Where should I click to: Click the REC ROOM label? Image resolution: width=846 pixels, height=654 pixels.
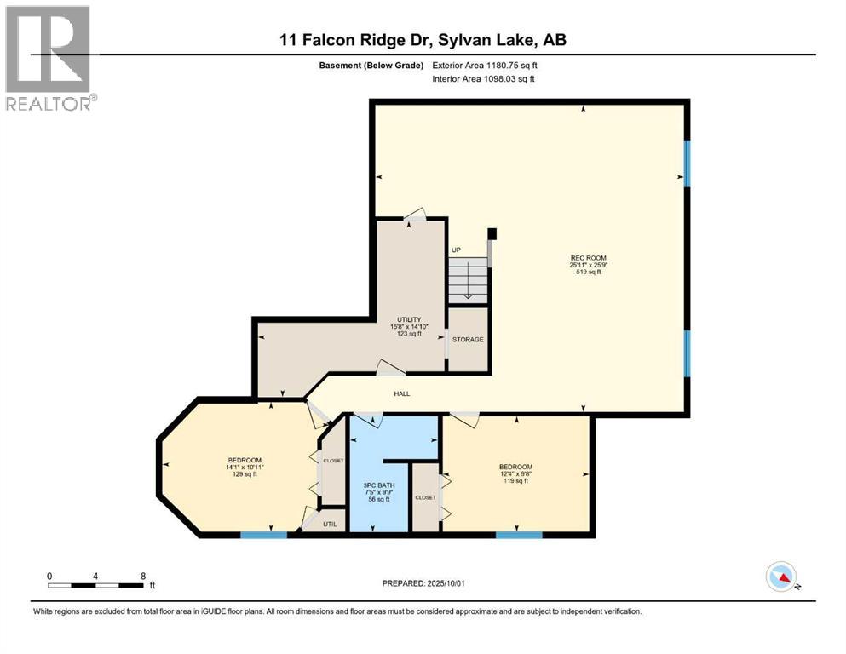[588, 257]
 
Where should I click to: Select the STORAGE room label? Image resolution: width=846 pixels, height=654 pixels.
[468, 339]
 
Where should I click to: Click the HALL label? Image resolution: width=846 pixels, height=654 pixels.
[402, 393]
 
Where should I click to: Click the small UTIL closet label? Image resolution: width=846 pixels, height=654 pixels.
[331, 524]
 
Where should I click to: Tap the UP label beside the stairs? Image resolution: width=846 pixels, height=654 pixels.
[456, 250]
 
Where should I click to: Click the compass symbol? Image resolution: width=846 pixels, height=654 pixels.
[781, 577]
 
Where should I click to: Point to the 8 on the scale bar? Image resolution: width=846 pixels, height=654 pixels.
[142, 576]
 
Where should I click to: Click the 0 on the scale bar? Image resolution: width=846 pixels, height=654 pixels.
[49, 576]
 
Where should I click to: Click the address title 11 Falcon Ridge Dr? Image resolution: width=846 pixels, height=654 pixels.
[423, 40]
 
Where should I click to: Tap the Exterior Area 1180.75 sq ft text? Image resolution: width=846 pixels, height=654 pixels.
[486, 65]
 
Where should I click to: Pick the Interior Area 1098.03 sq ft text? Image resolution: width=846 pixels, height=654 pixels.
[485, 79]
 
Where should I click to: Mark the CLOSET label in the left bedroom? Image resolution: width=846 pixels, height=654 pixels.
[332, 461]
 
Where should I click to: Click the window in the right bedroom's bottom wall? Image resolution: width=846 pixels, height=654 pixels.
[519, 535]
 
